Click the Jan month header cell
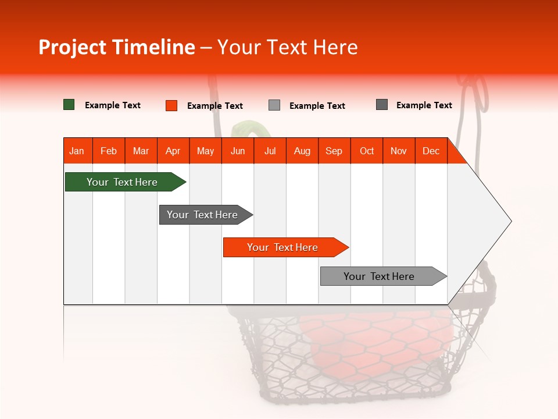(x=77, y=151)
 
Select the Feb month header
(x=109, y=151)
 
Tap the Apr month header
(x=173, y=151)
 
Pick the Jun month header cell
(x=238, y=151)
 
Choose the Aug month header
(x=302, y=151)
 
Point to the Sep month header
(x=334, y=151)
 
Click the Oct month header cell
(x=367, y=151)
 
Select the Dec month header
(x=431, y=151)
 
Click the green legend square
(x=69, y=105)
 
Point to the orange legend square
(x=171, y=105)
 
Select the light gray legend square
(x=274, y=105)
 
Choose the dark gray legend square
(x=382, y=105)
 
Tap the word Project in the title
(x=72, y=47)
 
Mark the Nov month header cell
(x=399, y=151)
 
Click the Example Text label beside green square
(x=113, y=105)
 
